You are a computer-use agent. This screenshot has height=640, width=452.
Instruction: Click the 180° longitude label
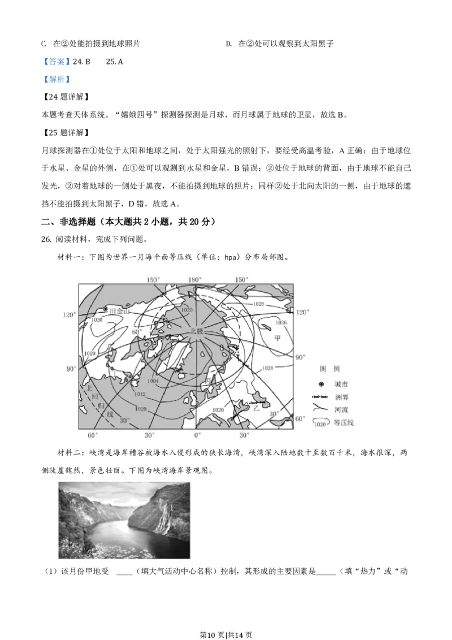point(195,280)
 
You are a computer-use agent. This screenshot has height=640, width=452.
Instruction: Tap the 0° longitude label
point(197,435)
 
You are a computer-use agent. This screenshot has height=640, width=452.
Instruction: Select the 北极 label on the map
point(197,332)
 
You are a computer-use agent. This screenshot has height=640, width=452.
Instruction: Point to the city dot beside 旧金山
point(106,309)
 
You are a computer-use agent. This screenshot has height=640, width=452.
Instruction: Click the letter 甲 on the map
point(277,339)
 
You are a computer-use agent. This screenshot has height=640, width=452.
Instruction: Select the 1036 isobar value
point(281,322)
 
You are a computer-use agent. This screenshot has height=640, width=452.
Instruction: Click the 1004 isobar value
point(153,381)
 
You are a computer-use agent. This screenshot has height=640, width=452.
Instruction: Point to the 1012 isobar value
point(140,394)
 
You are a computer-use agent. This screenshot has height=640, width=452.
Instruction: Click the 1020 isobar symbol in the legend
point(320,423)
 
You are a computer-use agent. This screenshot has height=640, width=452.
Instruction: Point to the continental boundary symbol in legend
point(320,397)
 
